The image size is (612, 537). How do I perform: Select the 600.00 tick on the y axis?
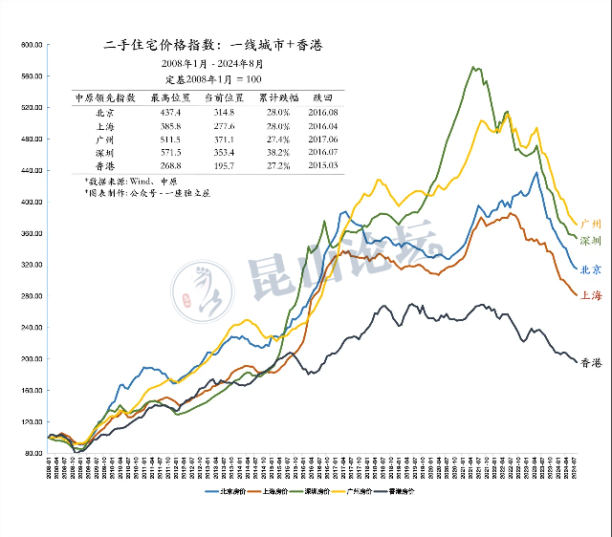point(34,44)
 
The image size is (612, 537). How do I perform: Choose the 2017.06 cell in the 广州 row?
point(324,139)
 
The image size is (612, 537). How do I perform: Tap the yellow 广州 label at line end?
point(591,225)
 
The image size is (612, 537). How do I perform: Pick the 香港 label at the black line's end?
point(591,362)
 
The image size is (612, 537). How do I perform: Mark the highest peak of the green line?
point(475,67)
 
